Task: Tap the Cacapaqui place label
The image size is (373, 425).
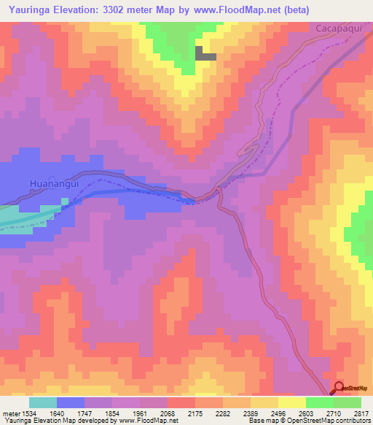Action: click(339, 28)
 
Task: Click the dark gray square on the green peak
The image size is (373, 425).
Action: click(205, 53)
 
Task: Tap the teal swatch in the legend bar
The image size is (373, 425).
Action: click(43, 402)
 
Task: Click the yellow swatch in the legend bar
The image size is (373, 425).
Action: click(291, 402)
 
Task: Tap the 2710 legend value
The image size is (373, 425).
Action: click(332, 413)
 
